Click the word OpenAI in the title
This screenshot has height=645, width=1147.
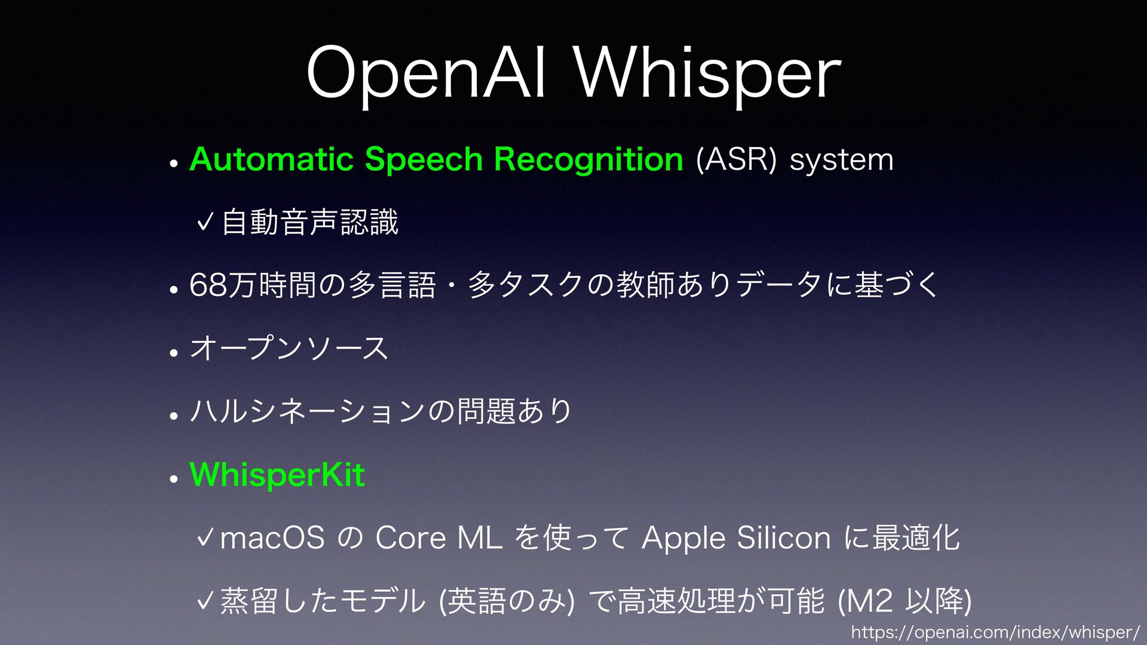coord(426,73)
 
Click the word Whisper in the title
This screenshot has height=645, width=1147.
coord(708,73)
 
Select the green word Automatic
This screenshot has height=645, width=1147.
coord(272,159)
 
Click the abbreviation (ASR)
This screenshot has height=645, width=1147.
coord(737,160)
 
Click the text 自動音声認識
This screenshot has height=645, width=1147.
coord(309,223)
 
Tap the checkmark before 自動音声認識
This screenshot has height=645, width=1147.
coord(205,223)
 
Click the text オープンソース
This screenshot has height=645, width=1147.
coord(289,348)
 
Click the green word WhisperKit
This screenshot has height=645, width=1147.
coord(277,475)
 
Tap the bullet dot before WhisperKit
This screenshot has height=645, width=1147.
coord(174,479)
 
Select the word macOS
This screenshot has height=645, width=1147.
coord(272,537)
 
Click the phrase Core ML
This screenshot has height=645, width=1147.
coord(439,537)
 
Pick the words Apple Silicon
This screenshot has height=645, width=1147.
coord(736,538)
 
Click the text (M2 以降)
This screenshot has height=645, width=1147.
coord(904,601)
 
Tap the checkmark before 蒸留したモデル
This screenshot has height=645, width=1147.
coord(205,600)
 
